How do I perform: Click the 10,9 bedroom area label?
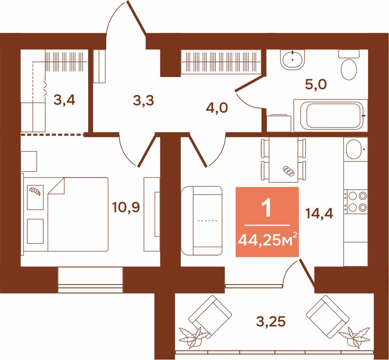tap(126, 207)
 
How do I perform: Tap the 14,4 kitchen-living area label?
tap(319, 213)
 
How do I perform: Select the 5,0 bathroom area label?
tap(316, 85)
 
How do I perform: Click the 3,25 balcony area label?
tap(271, 322)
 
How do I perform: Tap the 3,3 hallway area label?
tap(143, 100)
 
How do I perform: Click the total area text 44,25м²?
tap(267, 239)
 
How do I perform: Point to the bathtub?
tap(331, 115)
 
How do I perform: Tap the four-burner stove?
tap(356, 201)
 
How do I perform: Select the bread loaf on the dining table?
tap(288, 171)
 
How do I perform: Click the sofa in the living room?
tap(202, 220)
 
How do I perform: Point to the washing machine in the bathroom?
tap(279, 123)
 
